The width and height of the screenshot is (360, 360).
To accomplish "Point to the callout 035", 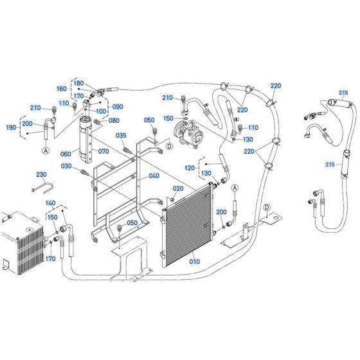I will pyautogui.click(x=121, y=136).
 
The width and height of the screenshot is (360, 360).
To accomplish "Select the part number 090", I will pyautogui.click(x=118, y=106).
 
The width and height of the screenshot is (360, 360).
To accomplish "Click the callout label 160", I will pyautogui.click(x=62, y=89).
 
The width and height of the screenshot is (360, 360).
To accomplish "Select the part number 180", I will pyautogui.click(x=78, y=83).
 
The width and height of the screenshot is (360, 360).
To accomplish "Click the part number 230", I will pyautogui.click(x=41, y=174).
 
